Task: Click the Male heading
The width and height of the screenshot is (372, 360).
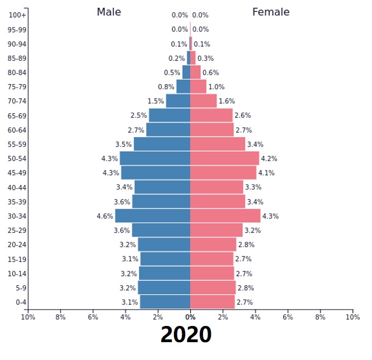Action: point(109,12)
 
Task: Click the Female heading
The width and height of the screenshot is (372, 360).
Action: point(270,12)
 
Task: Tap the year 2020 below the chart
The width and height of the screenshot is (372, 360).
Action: point(186,334)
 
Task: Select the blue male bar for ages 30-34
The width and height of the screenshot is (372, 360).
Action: point(153,216)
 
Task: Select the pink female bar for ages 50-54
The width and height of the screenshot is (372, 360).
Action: point(224,158)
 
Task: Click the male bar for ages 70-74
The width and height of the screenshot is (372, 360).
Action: point(178,101)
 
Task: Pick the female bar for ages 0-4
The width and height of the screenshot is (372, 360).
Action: point(212,302)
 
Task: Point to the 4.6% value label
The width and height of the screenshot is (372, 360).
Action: point(105,216)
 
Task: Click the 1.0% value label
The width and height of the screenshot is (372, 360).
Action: point(216,87)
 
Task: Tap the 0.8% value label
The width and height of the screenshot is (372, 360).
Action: point(166,87)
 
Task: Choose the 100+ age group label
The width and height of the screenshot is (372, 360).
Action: point(18,15)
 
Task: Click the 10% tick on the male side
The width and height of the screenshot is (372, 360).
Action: point(28,317)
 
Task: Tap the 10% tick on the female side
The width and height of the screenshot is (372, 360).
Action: point(352,317)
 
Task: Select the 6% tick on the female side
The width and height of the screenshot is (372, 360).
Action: point(288,317)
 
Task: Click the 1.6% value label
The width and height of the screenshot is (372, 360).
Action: point(226,101)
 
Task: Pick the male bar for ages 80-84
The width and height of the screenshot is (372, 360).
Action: point(186,72)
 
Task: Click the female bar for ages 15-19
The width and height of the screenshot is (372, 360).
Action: point(212,259)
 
